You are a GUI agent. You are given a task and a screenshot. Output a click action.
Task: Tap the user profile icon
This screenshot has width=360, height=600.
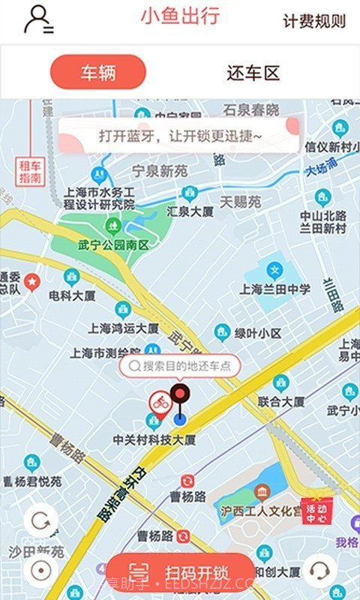pyautogui.click(x=38, y=19)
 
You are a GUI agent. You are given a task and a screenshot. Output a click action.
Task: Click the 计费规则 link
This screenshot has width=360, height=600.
pyautogui.click(x=314, y=21)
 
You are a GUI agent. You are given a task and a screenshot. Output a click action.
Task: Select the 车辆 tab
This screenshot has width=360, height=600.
pyautogui.click(x=97, y=73)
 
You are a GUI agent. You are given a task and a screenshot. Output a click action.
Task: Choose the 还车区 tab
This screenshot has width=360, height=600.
pyautogui.click(x=253, y=73)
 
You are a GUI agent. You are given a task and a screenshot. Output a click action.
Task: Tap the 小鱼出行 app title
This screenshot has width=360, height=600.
pyautogui.click(x=180, y=16)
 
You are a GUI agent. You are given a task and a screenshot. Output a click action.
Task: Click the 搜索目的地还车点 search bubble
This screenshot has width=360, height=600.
pyautogui.click(x=180, y=366)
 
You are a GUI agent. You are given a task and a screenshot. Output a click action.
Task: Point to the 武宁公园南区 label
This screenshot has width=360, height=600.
pyautogui.click(x=113, y=244)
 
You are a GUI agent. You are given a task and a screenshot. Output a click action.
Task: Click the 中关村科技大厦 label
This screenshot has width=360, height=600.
pyautogui.click(x=154, y=439)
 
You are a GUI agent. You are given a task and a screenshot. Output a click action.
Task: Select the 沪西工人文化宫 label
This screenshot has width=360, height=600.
pyautogui.click(x=260, y=511)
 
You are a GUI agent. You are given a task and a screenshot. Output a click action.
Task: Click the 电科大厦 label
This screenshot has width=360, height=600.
pyautogui.click(x=72, y=295)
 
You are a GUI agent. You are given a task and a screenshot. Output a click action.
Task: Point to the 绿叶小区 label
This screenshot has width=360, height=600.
pyautogui.click(x=257, y=333)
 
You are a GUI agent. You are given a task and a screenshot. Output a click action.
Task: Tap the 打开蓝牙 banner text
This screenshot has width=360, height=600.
pyautogui.click(x=180, y=136)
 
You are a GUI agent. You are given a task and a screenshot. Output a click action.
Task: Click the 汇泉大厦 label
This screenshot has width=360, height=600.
pyautogui.click(x=190, y=211)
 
